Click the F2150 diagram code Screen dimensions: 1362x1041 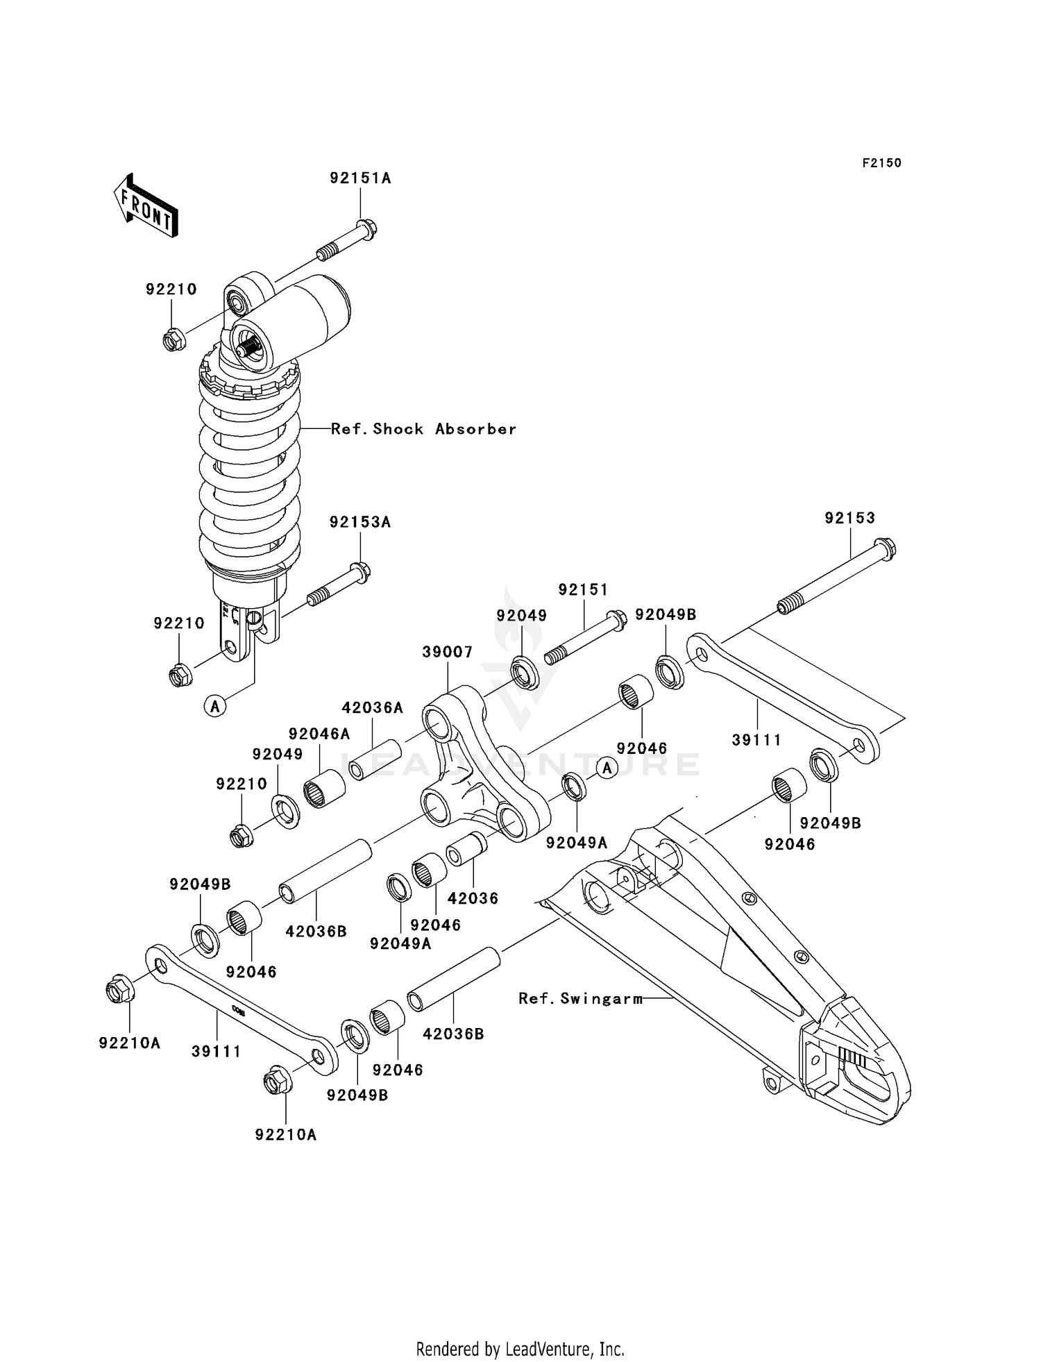[881, 163]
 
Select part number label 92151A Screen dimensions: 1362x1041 [360, 178]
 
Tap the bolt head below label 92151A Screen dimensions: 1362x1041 [366, 228]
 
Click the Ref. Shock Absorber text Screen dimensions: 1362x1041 [423, 429]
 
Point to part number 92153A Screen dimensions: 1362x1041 [360, 522]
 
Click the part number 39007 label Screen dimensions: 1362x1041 [448, 652]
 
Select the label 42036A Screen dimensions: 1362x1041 [372, 708]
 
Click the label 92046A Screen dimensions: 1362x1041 [319, 734]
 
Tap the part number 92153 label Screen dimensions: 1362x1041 [849, 518]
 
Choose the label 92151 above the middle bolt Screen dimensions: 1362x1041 [583, 590]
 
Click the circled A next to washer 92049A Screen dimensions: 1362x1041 [607, 768]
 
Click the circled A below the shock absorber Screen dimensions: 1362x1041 [215, 707]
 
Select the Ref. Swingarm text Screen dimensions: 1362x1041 [579, 999]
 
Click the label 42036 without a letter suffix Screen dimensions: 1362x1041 [473, 898]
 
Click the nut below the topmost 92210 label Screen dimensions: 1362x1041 [173, 340]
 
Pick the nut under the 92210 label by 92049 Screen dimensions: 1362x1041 [241, 836]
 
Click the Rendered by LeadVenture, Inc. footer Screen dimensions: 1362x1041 [520, 1349]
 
